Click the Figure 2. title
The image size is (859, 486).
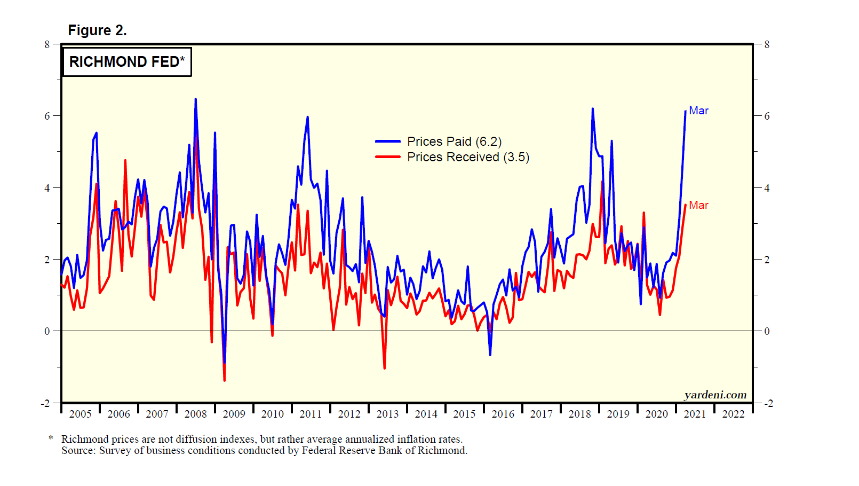(x=97, y=30)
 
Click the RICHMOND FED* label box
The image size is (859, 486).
(x=126, y=62)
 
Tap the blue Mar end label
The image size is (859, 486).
(x=698, y=111)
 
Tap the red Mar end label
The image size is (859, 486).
(x=698, y=205)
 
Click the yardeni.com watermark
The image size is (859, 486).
(x=715, y=395)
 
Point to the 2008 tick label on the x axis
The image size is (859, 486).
(x=195, y=414)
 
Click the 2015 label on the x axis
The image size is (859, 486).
(x=464, y=414)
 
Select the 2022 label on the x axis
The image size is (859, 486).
(x=733, y=414)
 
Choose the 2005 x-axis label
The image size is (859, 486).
(x=80, y=414)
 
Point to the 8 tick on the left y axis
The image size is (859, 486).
(x=47, y=44)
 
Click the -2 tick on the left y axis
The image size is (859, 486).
(x=46, y=403)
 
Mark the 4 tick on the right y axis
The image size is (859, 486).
(x=767, y=188)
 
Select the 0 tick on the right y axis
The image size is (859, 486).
(x=767, y=331)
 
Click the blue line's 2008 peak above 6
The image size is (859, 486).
(x=195, y=99)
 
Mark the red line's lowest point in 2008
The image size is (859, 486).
(x=224, y=380)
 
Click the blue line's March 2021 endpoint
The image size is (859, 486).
(x=686, y=111)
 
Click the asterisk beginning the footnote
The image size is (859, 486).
(x=51, y=438)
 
